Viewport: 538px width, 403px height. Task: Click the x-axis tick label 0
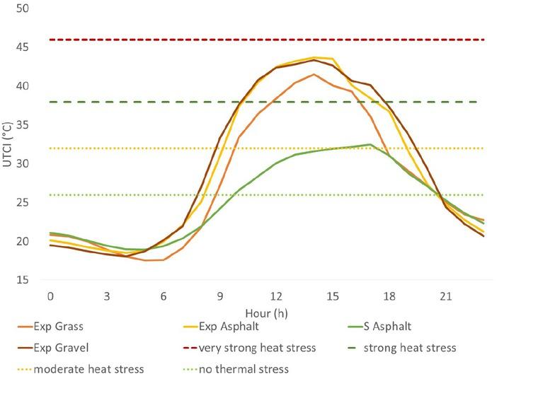point(50,295)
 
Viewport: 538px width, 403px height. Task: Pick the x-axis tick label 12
point(276,295)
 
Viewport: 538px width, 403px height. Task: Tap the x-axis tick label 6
point(164,295)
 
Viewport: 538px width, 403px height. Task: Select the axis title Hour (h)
point(266,312)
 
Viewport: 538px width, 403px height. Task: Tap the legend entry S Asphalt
point(387,327)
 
